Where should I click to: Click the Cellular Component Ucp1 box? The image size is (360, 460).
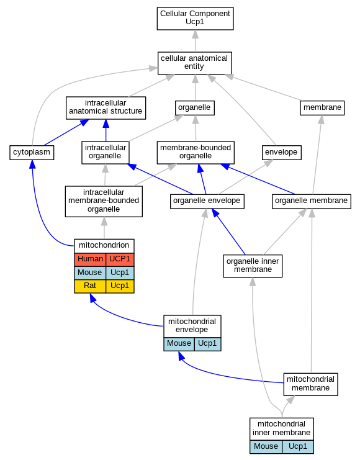[x=195, y=19]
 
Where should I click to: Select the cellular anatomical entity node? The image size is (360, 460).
[x=195, y=63]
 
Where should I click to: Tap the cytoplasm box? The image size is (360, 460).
[x=32, y=153]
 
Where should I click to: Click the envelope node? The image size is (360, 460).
[x=281, y=153]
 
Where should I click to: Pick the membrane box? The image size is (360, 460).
[x=322, y=107]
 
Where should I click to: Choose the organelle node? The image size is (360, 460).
[x=195, y=107]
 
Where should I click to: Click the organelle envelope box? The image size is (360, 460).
[x=207, y=201]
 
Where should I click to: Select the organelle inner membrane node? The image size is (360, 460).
[x=253, y=266]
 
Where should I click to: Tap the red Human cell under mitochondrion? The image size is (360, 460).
[x=90, y=259]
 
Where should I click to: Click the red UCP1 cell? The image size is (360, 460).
[x=120, y=259]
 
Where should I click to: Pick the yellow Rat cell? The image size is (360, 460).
[x=90, y=286]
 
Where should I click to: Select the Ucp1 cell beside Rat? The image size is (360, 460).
[x=120, y=286]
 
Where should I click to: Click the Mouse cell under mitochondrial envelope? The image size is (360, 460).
[x=179, y=344]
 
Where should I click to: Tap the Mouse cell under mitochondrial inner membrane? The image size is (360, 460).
[x=266, y=447]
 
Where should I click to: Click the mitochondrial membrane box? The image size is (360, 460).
[x=311, y=384]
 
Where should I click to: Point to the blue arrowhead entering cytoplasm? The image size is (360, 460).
[x=32, y=165]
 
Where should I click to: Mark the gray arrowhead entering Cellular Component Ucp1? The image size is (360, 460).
[x=195, y=34]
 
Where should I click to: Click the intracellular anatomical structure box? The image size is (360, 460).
[x=106, y=107]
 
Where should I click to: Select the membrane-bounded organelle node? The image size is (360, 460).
[x=196, y=153]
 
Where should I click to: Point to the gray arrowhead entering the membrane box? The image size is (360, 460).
[x=322, y=119]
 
